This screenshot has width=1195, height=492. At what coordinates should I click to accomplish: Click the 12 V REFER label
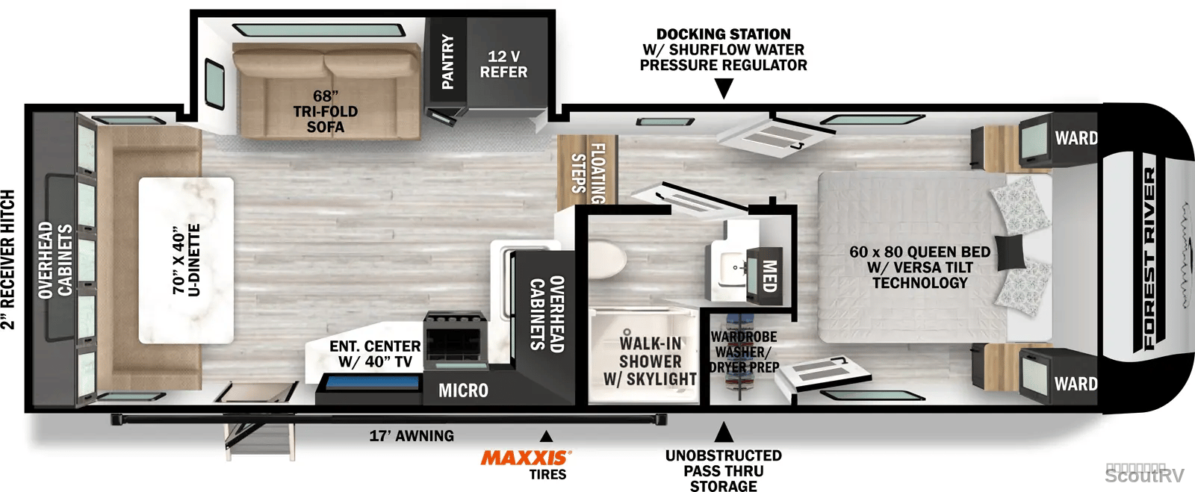503,64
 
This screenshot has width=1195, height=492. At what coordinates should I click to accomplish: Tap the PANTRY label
447,61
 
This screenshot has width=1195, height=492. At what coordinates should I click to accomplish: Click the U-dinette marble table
186,260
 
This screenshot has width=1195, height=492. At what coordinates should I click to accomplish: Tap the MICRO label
463,390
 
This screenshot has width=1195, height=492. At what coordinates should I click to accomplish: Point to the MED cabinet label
769,275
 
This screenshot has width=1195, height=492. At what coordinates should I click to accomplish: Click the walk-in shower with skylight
643,356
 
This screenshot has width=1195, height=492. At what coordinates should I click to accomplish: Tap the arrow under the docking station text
724,88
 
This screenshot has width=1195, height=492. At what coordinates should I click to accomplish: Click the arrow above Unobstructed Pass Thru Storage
724,432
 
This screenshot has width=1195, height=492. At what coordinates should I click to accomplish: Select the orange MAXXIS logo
526,458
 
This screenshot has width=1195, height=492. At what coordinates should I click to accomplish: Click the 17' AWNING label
412,435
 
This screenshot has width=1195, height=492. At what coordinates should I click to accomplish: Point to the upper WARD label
1076,138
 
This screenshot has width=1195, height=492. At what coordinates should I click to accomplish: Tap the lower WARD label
1075,384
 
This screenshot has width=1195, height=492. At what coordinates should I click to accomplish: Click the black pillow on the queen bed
1010,252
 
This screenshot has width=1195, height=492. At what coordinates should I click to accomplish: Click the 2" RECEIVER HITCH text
8,259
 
